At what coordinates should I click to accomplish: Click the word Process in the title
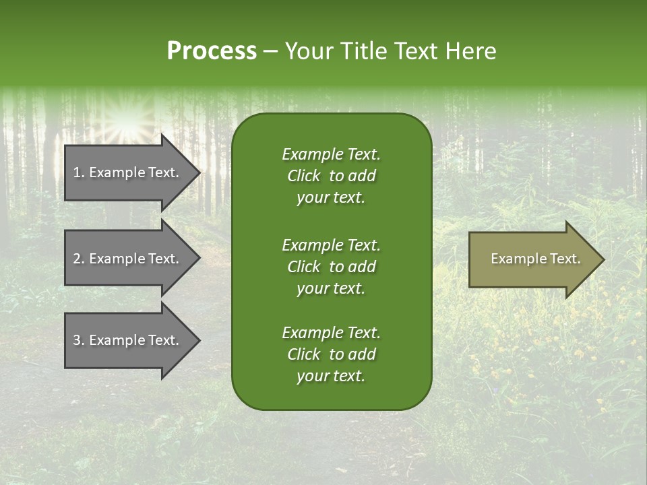(212, 51)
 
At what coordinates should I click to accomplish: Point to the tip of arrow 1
(199, 172)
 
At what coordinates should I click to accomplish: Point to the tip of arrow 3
(199, 340)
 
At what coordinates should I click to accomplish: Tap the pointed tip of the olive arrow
(603, 259)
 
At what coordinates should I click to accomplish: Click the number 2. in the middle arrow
(79, 259)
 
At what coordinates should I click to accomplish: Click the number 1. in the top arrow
(79, 172)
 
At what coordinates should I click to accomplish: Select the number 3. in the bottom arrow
(79, 340)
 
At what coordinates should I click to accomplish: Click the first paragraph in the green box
(331, 176)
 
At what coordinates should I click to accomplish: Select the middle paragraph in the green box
(331, 267)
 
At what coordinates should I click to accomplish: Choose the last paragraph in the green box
(331, 354)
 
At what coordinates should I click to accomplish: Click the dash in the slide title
(271, 52)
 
